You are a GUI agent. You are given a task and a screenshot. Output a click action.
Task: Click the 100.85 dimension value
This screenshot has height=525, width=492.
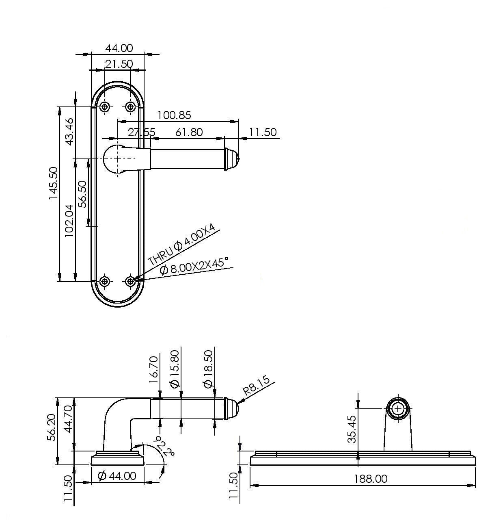tap(174, 115)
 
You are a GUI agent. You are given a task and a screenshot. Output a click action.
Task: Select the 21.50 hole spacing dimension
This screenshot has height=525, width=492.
tap(119, 64)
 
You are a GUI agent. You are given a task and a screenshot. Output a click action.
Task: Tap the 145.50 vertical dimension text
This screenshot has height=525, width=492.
tap(53, 183)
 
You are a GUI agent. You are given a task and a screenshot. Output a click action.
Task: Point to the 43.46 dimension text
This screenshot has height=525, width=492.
tap(69, 132)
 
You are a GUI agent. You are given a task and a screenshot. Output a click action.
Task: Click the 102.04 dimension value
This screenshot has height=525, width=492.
tap(69, 221)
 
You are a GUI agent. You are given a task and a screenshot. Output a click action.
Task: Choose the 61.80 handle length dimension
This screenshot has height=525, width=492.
tap(189, 132)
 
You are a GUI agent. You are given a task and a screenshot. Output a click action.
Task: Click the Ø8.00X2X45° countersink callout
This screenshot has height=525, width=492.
tap(194, 266)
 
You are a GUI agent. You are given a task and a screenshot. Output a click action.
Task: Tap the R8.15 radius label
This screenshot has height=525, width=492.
tap(256, 385)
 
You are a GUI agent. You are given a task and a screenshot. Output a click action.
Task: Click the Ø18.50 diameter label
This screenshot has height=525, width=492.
tap(208, 369)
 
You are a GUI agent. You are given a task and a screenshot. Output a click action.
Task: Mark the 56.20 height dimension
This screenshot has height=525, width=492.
tap(51, 427)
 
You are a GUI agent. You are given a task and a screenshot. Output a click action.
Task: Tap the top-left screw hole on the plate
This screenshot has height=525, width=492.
tap(105, 107)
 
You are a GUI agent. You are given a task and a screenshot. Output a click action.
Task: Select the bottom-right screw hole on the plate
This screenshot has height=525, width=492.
tap(130, 281)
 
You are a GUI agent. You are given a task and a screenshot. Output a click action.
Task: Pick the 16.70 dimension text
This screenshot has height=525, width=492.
tap(154, 369)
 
